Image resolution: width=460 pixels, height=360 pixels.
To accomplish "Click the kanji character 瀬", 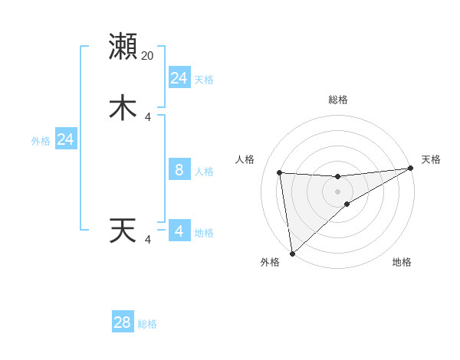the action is pos(123,47).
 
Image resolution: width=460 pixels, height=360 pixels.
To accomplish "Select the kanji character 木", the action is pos(123,107).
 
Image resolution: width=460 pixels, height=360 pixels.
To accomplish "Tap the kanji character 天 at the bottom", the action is pos(123,231).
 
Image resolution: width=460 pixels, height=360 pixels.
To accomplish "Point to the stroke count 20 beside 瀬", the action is pos(148,56).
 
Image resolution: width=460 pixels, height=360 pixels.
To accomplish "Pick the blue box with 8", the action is pos(179,169).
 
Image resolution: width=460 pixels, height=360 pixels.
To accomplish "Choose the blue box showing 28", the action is pos(123,322).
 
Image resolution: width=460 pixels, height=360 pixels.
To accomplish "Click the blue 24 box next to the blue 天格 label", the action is pos(179,78).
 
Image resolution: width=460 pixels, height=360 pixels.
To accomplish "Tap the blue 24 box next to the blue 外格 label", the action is pos(66,139).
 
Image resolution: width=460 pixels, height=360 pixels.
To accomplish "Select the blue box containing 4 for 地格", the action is pos(179,231).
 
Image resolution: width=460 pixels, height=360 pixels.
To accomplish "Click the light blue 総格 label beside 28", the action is pos(148,324).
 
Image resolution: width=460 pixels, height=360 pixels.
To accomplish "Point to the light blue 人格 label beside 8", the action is pos(204,171).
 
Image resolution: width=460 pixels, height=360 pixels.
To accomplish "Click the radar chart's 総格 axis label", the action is pos(338,100).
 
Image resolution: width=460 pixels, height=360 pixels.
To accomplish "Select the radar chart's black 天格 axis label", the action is pos(431,159).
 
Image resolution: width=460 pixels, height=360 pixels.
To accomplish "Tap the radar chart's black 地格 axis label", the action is pos(402,262).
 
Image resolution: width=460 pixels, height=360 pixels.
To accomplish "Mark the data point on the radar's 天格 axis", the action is pos(411,169).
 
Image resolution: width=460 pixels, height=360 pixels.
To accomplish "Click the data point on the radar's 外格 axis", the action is pos(292,253).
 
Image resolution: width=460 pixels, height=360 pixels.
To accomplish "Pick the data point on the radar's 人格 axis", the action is pos(279,172).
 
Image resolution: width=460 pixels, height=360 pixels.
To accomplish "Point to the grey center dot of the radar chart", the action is pos(338,191).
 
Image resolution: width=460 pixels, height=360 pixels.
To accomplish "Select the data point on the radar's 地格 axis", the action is pos(347,204).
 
